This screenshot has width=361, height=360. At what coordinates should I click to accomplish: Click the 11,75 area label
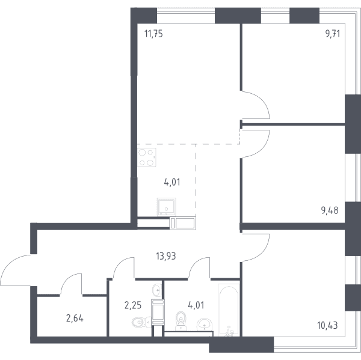pos(153,34)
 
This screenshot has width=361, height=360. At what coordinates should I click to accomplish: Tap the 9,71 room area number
pos(333,34)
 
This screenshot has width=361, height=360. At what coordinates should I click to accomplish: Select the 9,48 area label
pos(330,210)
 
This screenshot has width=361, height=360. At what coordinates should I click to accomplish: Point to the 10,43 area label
pos(327,326)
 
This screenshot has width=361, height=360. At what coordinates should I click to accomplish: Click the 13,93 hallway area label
pos(166,256)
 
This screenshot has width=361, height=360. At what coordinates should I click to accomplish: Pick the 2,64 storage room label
pos(75,319)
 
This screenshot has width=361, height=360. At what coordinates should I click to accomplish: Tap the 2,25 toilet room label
pos(133,305)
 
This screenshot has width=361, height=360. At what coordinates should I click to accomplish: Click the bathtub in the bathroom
pos(229,310)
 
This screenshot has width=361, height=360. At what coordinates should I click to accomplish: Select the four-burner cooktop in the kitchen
pos(147,157)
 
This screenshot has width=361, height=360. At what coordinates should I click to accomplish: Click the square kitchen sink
pos(167,207)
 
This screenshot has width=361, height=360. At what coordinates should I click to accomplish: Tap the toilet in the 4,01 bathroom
pos(182,321)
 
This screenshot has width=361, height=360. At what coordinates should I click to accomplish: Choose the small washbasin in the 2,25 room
pos(157,290)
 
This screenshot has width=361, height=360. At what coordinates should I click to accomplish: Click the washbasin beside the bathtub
pos(205,325)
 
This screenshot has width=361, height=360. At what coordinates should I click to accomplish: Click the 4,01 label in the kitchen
pos(172,182)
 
